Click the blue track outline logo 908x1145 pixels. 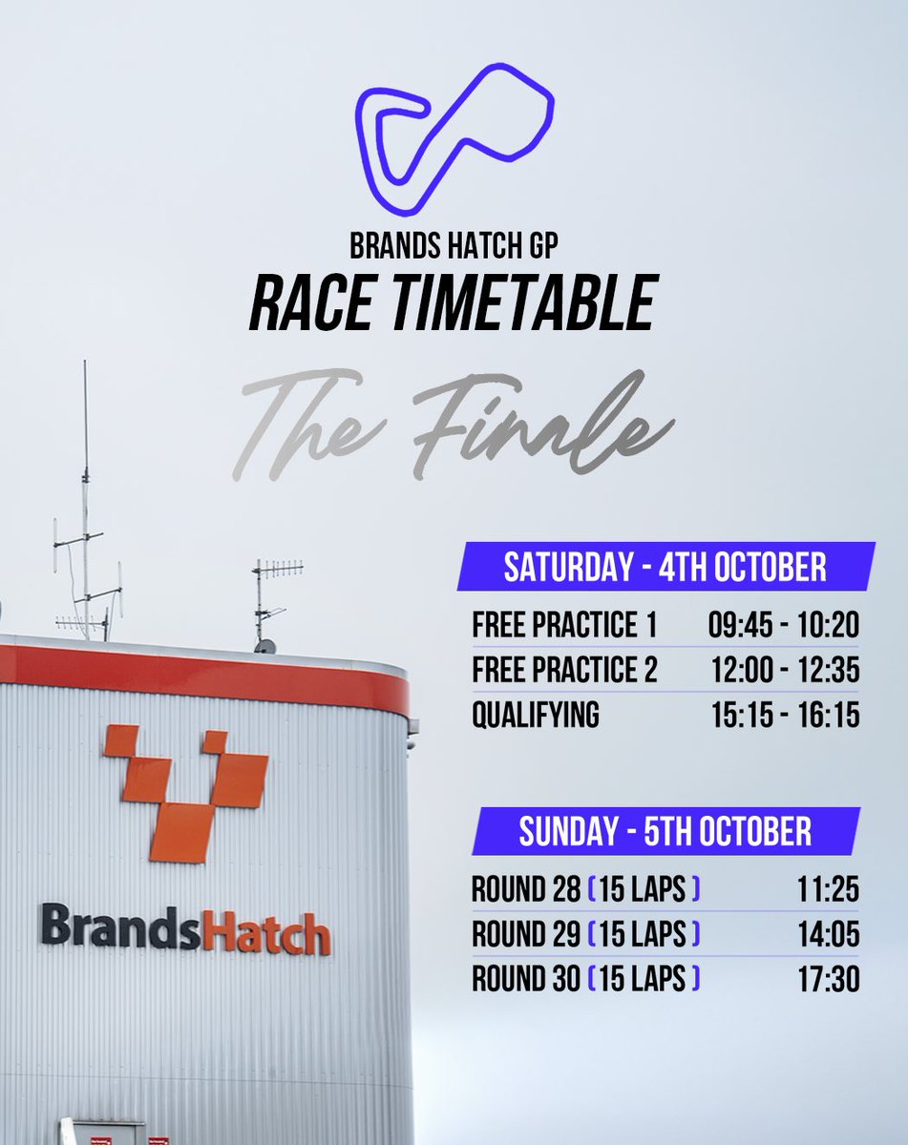click(x=454, y=138)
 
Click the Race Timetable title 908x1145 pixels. click(x=453, y=304)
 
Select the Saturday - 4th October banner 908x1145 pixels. click(x=665, y=567)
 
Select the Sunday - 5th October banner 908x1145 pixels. click(x=665, y=831)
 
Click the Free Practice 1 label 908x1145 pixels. click(x=564, y=626)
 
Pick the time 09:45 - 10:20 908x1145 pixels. click(x=784, y=626)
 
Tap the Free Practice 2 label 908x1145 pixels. click(x=564, y=671)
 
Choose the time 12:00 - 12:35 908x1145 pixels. click(x=785, y=671)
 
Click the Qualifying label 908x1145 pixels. click(x=536, y=716)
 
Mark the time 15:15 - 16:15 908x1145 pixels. click(x=785, y=716)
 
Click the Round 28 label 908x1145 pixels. click(x=526, y=890)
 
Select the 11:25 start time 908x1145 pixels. click(x=828, y=890)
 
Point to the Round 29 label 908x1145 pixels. click(x=526, y=935)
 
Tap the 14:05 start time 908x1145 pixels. click(x=828, y=935)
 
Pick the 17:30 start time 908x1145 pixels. click(x=828, y=979)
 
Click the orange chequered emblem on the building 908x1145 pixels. click(x=187, y=792)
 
